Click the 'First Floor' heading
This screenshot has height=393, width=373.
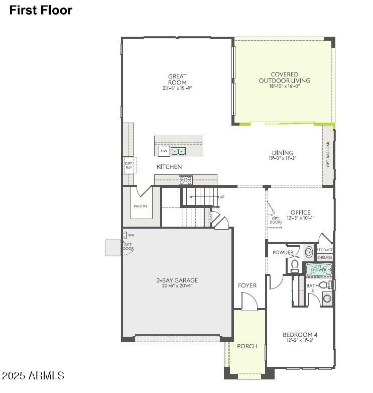[x=41, y=10]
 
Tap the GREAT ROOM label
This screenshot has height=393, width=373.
[x=177, y=79]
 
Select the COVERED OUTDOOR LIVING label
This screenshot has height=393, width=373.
[x=284, y=77]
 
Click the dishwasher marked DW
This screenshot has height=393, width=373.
[x=164, y=151]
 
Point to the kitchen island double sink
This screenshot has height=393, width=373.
[x=178, y=151]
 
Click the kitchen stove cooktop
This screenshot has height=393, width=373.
[x=186, y=179]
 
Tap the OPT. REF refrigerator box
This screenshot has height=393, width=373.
[x=129, y=164]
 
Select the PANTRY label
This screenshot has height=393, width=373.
[x=140, y=207]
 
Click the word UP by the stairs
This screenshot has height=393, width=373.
[x=221, y=197]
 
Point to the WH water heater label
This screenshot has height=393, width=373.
[x=131, y=235]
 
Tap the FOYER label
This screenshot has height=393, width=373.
[x=247, y=285]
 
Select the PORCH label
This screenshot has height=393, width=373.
[x=247, y=346]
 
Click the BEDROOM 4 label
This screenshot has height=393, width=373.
[x=300, y=335]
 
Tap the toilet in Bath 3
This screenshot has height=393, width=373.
[x=324, y=285]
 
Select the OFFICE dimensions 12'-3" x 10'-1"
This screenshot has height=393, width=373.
[x=300, y=218]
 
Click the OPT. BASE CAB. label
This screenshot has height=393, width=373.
[x=328, y=154]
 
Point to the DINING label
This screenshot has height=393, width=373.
[x=283, y=153]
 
